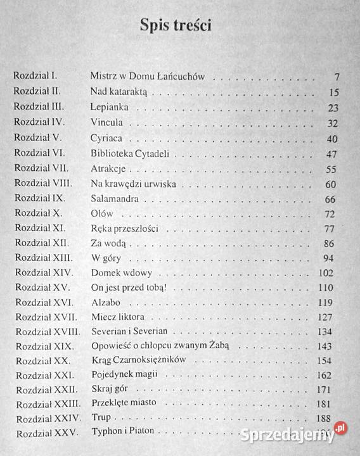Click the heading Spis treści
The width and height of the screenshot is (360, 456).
[180, 27]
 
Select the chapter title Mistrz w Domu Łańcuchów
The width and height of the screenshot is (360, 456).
[147, 77]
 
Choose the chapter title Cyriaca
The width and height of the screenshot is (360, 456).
[108, 137]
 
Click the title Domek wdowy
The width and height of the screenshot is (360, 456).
[118, 274]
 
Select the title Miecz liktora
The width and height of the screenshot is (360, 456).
[118, 317]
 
